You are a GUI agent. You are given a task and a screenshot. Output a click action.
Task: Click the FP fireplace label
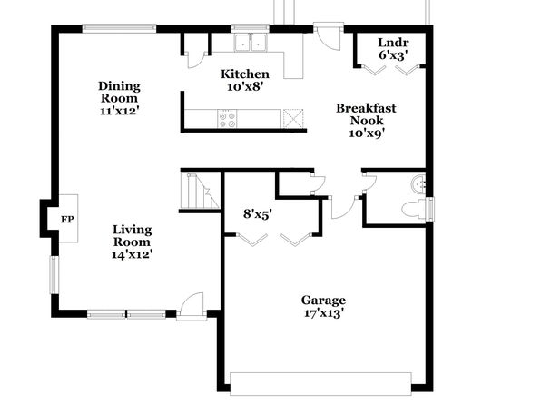67,219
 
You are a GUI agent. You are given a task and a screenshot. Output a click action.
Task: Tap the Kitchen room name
245,74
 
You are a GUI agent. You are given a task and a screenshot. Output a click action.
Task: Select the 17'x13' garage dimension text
323,313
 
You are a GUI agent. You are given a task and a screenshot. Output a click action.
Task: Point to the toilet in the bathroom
415,209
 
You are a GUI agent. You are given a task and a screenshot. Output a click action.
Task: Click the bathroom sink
418,184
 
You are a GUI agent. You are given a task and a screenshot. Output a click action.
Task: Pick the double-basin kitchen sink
251,43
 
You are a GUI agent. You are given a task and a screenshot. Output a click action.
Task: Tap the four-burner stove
227,120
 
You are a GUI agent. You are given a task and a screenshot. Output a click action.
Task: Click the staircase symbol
200,192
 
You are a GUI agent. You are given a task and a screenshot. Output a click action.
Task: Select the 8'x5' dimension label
256,214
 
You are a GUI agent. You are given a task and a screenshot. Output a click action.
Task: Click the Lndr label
393,43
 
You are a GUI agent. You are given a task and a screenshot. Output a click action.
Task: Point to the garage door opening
320,384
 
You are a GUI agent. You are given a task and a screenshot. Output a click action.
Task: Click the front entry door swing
192,303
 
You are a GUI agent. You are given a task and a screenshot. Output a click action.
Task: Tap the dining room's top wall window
119,28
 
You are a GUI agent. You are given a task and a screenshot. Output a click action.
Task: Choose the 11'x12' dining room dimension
120,111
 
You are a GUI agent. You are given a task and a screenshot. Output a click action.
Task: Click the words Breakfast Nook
366,114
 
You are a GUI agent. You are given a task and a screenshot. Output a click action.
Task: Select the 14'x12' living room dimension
133,254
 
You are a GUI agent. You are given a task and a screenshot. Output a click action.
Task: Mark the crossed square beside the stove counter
293,119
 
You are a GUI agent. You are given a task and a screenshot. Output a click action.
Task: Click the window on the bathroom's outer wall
430,209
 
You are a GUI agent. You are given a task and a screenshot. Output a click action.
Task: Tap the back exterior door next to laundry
329,36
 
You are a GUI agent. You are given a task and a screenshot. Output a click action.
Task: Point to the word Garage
323,301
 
